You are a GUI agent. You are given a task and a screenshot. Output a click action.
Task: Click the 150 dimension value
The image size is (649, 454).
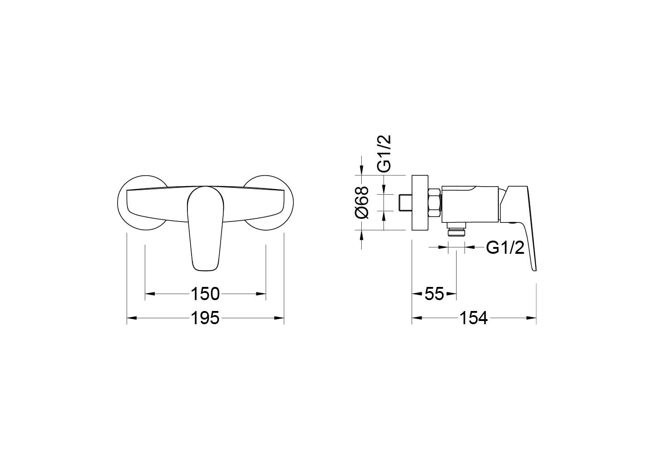(x=206, y=294)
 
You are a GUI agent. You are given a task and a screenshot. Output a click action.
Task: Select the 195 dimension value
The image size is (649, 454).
(x=206, y=318)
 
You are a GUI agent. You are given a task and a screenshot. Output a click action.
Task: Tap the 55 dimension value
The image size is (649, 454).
(x=434, y=294)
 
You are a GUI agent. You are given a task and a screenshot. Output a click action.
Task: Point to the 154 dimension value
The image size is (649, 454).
(x=474, y=318)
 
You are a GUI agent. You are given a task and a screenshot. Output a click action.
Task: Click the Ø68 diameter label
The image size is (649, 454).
(x=362, y=202)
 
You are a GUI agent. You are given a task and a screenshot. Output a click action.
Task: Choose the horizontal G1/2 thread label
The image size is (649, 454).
(x=505, y=248)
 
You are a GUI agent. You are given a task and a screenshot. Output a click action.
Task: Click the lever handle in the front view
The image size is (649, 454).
(x=206, y=229)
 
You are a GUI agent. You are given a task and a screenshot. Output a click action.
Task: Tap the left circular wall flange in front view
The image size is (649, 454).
(x=142, y=203)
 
